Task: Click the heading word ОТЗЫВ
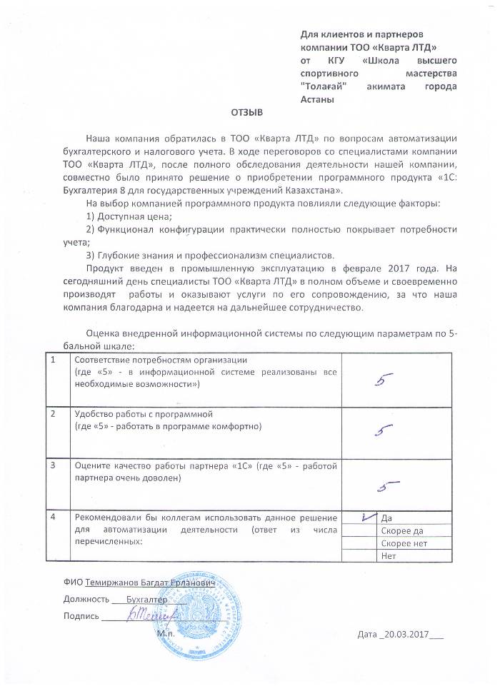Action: [248, 113]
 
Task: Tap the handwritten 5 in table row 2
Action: [386, 430]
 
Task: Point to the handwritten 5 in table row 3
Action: [388, 486]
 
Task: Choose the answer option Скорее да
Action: [402, 531]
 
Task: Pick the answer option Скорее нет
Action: [404, 543]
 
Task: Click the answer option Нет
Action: [389, 556]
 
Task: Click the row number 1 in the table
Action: [54, 359]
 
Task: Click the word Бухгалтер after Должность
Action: [145, 600]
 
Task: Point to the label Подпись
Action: [81, 616]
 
